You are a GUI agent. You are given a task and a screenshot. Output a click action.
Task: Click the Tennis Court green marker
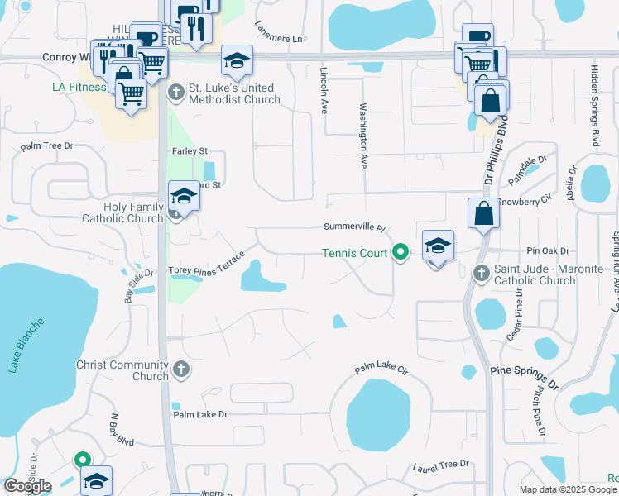401,252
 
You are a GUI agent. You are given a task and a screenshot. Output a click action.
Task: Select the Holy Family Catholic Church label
122,212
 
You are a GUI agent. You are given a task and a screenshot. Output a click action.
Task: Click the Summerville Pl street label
354,227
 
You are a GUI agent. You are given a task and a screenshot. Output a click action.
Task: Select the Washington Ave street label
362,136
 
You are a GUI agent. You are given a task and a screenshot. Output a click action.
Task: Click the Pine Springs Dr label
524,379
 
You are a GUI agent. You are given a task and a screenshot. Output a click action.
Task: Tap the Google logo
27,486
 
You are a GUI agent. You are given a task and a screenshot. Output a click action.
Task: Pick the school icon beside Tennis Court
438,246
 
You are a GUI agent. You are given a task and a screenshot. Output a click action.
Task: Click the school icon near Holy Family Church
185,196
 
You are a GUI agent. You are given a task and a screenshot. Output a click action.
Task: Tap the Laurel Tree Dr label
441,466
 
